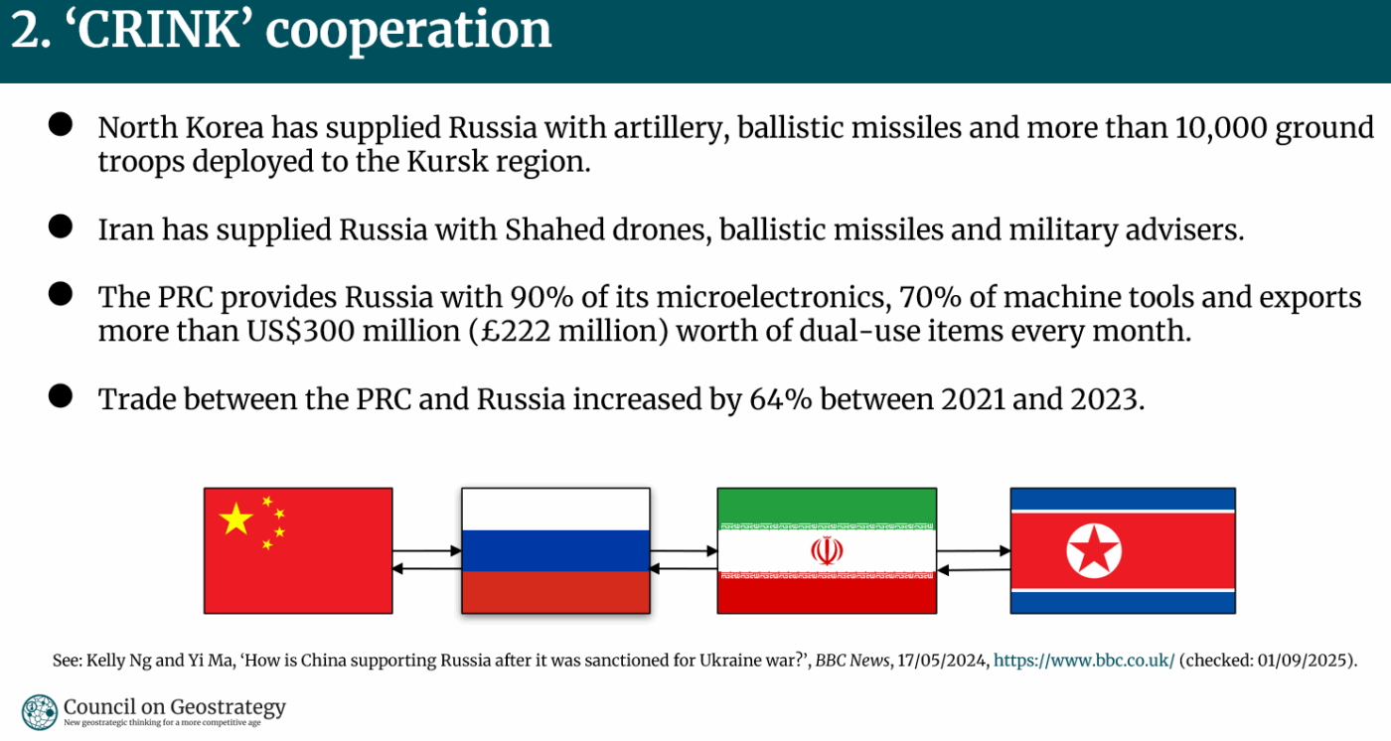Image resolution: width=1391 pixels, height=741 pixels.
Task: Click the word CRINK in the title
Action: (158, 29)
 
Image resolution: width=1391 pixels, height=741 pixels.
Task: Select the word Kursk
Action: (448, 161)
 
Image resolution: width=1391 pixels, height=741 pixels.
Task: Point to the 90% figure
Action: (541, 297)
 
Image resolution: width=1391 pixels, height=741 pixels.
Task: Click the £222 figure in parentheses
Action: (516, 331)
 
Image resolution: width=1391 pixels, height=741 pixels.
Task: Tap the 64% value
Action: (781, 399)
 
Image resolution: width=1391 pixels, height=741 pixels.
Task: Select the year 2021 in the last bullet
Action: (973, 399)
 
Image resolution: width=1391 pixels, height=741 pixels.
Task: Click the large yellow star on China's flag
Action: (236, 519)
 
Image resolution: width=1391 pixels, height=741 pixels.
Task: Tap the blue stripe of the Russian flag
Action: (555, 550)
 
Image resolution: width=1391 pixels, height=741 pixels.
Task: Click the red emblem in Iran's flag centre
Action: (827, 550)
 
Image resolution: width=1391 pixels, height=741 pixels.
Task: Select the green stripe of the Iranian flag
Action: (827, 506)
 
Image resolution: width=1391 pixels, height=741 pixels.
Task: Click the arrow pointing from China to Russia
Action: (427, 550)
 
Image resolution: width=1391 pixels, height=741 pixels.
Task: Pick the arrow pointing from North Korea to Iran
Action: (973, 570)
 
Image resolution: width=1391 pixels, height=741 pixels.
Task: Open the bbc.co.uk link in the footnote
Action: (1084, 661)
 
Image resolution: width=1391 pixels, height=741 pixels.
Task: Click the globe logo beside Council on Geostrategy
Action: (39, 712)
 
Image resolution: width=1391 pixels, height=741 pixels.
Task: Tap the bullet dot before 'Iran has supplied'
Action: (61, 226)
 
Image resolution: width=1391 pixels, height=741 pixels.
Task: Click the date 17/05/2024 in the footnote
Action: (943, 661)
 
